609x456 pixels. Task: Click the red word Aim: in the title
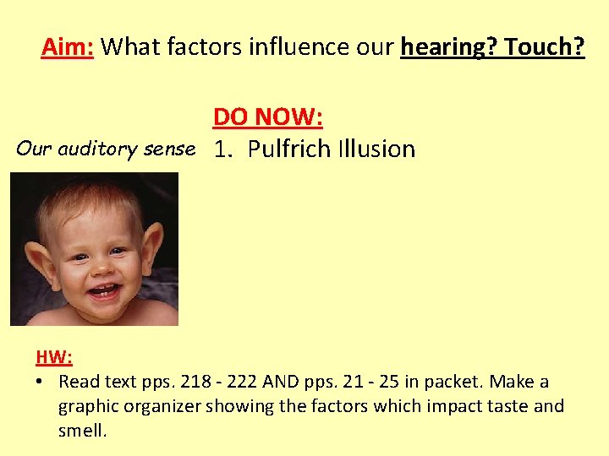69,46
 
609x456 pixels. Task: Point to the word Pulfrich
290,149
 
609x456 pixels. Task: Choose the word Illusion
376,149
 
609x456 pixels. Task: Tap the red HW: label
54,357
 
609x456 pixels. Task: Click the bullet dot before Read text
41,382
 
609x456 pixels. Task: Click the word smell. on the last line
82,431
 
